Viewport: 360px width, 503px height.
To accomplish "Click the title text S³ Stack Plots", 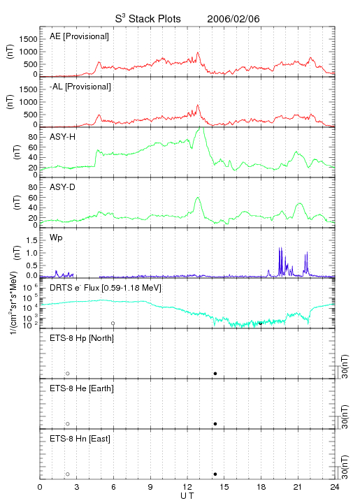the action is [x=148, y=19].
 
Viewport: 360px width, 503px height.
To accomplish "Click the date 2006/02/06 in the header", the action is [x=233, y=19].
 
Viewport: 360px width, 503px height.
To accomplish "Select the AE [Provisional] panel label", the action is [x=79, y=36].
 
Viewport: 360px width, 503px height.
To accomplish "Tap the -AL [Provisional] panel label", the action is [x=80, y=87].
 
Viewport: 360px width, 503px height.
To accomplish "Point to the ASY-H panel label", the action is [x=63, y=137].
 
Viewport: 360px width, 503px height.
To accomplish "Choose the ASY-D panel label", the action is [x=63, y=187].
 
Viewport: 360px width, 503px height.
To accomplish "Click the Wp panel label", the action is [x=56, y=238].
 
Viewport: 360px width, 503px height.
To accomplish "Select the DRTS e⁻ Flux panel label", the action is [x=106, y=288].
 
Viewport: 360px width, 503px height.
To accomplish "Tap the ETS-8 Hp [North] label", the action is [x=82, y=338].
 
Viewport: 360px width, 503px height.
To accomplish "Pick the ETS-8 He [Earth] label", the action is [x=82, y=388].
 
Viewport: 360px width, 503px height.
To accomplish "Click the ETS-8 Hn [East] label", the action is [x=80, y=439].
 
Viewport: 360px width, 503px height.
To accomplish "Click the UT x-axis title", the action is [x=187, y=496].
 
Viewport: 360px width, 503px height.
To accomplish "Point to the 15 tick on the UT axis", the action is [x=224, y=487].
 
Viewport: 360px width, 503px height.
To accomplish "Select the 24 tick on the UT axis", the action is [x=335, y=487].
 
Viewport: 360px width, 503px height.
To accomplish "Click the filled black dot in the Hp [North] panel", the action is [x=215, y=373].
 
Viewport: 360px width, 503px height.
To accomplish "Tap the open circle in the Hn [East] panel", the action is [x=68, y=474].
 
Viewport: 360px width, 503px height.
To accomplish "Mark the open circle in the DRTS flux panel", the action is [x=113, y=323].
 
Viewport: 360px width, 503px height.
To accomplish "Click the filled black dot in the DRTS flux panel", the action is [x=261, y=323].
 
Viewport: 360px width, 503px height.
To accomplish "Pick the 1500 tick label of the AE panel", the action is [x=28, y=39].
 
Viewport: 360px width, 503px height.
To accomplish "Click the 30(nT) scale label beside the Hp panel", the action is [x=345, y=366].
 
